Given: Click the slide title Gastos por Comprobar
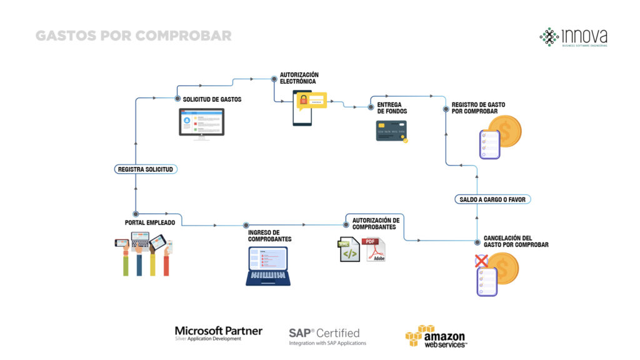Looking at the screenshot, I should tap(133, 36).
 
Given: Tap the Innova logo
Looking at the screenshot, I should tap(574, 37).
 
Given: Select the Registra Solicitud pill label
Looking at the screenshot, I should tap(146, 169).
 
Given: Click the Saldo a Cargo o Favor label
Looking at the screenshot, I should tap(492, 199).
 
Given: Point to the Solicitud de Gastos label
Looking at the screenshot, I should tap(212, 99).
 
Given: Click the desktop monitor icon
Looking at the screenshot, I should tap(201, 123).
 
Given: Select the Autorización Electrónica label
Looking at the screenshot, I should tap(299, 77).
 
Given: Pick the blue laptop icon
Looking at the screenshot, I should tap(267, 266).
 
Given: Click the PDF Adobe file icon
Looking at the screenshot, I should tap(376, 249).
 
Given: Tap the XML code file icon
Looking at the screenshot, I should tap(349, 249).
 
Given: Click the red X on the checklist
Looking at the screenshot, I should tap(481, 260).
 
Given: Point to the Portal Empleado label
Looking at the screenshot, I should tap(150, 222).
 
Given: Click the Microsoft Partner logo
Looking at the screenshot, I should tap(218, 333).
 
